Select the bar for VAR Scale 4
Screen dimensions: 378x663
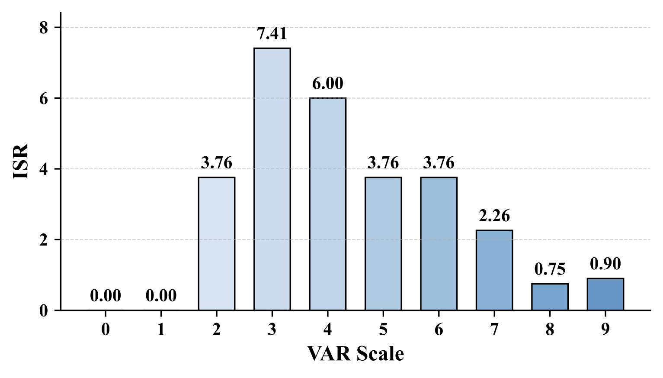pos(327,204)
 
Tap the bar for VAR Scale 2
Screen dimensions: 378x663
pos(217,243)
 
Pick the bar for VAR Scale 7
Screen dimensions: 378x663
pos(494,270)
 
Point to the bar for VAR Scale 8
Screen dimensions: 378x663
pos(550,297)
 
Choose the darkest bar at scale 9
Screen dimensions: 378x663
pos(605,294)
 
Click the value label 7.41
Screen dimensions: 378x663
pos(272,33)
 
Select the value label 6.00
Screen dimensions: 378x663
pos(327,83)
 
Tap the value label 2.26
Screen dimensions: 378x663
pos(494,215)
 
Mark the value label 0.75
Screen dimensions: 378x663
pos(550,269)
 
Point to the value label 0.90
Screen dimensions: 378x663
pos(605,263)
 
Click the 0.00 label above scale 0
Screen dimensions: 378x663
pos(106,296)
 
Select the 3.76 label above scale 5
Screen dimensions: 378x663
pos(383,162)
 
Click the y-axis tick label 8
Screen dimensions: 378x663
pos(43,28)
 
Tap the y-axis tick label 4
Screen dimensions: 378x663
pos(43,169)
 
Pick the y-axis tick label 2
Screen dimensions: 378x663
pos(43,240)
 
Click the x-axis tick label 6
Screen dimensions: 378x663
pos(439,330)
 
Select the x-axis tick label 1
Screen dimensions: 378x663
pos(161,330)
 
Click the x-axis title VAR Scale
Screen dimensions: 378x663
pos(356,354)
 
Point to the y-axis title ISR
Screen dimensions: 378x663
pos(21,161)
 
